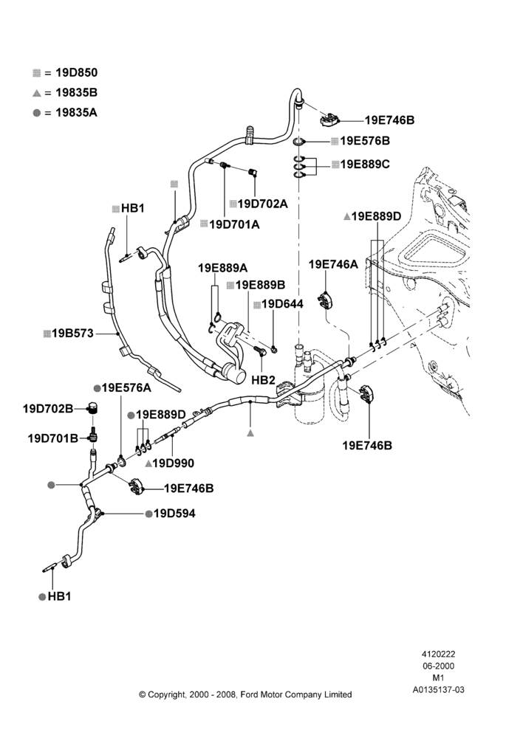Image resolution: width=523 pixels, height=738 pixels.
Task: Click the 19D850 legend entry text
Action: [x=77, y=72]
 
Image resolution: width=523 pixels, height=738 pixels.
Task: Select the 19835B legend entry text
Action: [x=76, y=93]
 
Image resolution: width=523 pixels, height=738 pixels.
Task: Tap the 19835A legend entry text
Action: [x=76, y=112]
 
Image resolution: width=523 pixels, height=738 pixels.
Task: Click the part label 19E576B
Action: [x=365, y=141]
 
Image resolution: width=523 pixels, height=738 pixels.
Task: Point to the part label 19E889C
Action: [x=365, y=165]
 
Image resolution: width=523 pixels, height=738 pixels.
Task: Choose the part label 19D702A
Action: [x=262, y=204]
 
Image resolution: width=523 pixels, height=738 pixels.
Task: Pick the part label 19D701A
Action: [x=234, y=224]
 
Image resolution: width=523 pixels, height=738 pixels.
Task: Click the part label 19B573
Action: [x=72, y=334]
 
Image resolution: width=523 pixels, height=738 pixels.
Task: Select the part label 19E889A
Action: [x=222, y=269]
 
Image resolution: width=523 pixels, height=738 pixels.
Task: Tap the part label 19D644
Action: [x=282, y=304]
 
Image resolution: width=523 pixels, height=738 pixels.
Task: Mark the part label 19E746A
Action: [x=333, y=264]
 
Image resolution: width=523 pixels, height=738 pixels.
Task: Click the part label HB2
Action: [x=264, y=380]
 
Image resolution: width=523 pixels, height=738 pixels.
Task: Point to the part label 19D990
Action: [x=173, y=463]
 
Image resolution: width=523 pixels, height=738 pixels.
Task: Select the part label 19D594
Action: [x=174, y=514]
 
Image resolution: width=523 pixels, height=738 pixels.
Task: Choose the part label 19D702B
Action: [x=48, y=409]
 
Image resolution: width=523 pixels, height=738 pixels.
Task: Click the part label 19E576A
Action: [x=126, y=388]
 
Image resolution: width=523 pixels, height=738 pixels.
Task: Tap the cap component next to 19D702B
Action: [x=93, y=407]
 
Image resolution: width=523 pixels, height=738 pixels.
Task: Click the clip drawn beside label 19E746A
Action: [x=326, y=300]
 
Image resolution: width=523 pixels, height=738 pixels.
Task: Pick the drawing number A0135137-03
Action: [x=438, y=689]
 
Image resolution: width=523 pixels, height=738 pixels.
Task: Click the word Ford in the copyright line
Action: [x=250, y=694]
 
